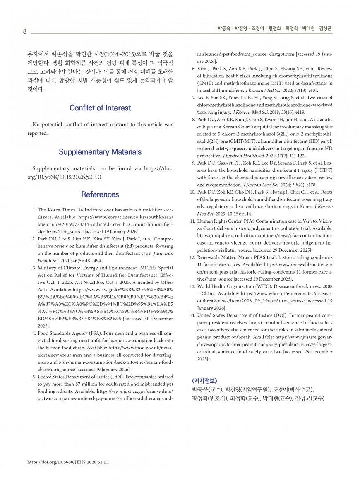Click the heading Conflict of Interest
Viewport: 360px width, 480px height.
tap(100, 108)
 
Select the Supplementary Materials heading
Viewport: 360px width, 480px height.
tap(100, 152)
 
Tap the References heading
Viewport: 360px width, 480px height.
tap(100, 194)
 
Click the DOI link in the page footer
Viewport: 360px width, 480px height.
tap(71, 462)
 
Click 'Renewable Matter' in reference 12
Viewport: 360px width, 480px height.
tap(217, 257)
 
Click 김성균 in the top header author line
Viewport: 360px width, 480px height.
tap(324, 29)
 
